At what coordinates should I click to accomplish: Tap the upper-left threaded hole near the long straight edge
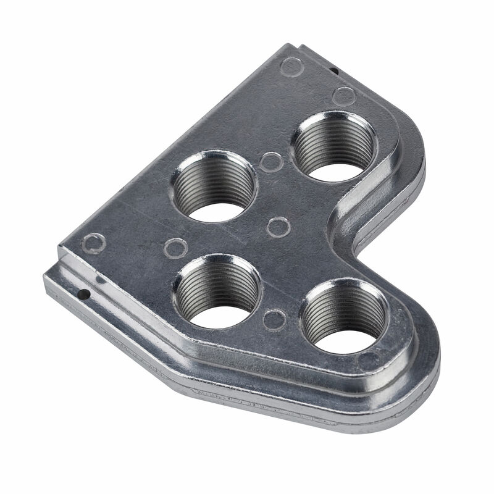coord(213,186)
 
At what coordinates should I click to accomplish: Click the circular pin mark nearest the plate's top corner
coord(291,66)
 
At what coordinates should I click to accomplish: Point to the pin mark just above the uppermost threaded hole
coord(343,96)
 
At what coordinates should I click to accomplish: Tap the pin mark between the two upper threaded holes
coord(271,162)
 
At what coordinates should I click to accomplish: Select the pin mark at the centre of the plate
coord(279,227)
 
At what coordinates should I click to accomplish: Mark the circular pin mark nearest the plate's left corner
coord(94,243)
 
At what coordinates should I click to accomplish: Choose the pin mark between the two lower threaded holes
coord(274,319)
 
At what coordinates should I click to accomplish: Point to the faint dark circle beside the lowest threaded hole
coord(370,360)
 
